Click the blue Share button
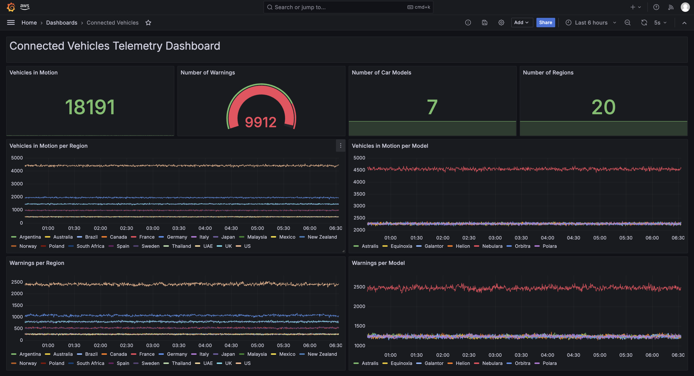pos(545,23)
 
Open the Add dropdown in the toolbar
pos(521,23)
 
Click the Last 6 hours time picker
pos(591,23)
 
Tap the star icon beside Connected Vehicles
pos(148,23)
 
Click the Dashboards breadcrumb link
pos(61,23)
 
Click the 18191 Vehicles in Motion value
pos(90,107)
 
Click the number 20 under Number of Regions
pos(603,107)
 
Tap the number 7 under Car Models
pos(432,107)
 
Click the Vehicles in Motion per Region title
pos(48,146)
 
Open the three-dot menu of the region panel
pos(340,146)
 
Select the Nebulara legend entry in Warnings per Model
pos(492,363)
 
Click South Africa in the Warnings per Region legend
pos(90,363)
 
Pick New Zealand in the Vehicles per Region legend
pos(322,237)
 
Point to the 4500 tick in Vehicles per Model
pos(359,170)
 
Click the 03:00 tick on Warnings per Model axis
pos(495,355)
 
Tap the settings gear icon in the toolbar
pos(501,23)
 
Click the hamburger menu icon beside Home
pos(11,23)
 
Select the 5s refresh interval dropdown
pos(660,23)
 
